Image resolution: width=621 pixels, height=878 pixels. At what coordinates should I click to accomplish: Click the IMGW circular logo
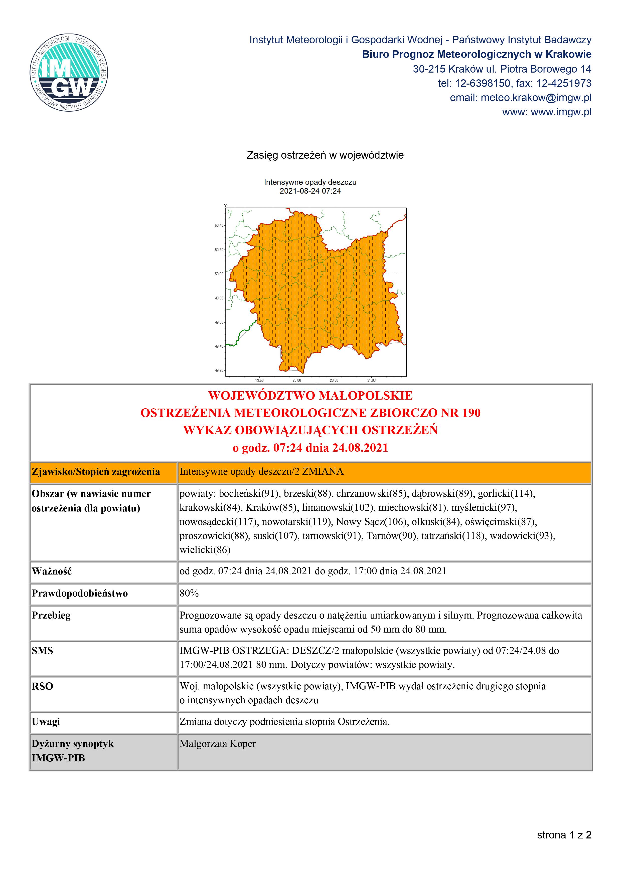pyautogui.click(x=69, y=73)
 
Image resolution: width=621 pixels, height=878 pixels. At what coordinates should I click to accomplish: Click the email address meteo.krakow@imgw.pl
pyautogui.click(x=536, y=98)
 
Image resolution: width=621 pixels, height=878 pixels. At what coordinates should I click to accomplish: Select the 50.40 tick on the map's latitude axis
pyautogui.click(x=219, y=226)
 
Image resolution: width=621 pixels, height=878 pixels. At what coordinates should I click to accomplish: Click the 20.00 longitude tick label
pyautogui.click(x=296, y=381)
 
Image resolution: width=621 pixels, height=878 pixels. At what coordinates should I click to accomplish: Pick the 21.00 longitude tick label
pyautogui.click(x=371, y=381)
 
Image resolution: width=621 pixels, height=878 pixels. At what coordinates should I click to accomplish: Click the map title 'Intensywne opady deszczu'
pyautogui.click(x=310, y=182)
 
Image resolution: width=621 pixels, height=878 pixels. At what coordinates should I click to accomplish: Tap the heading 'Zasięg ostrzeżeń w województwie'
pyautogui.click(x=325, y=155)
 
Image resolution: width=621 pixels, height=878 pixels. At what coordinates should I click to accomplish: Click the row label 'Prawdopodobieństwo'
pyautogui.click(x=80, y=594)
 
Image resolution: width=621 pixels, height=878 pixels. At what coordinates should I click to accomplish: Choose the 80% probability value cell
pyautogui.click(x=189, y=594)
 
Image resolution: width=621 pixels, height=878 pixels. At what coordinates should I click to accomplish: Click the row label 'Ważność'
pyautogui.click(x=52, y=571)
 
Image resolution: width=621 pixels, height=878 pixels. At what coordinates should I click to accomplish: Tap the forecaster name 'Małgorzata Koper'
pyautogui.click(x=218, y=744)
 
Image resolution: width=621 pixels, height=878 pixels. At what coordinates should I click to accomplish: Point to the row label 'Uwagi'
pyautogui.click(x=46, y=722)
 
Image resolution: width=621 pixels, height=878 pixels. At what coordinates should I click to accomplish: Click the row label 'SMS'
pyautogui.click(x=43, y=651)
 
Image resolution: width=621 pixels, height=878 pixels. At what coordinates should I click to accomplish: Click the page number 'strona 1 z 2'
pyautogui.click(x=564, y=835)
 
